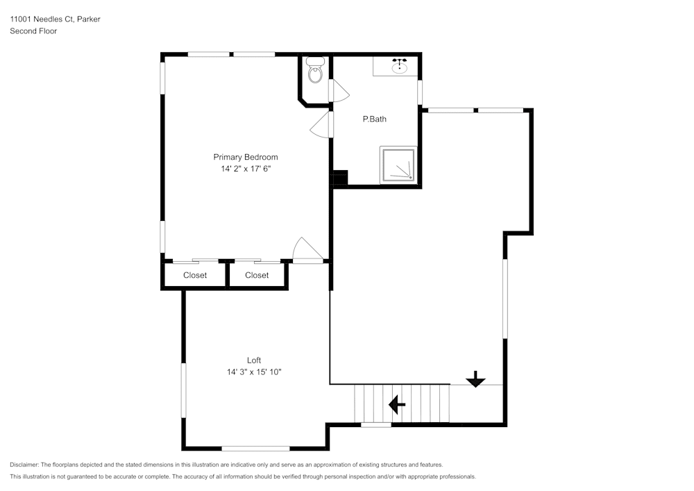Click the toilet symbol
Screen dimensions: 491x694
coord(315,70)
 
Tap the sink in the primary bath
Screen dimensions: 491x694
coord(399,67)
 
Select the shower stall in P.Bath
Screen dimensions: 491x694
coord(398,165)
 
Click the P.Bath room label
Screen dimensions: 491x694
coord(375,119)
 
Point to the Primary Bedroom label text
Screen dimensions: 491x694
coord(246,157)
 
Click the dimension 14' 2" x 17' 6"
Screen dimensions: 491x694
coord(246,169)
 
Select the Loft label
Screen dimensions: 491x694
coord(254,360)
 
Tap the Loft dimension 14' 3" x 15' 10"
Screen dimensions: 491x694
coord(254,372)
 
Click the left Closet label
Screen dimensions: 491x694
coord(195,275)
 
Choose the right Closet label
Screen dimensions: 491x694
coord(257,275)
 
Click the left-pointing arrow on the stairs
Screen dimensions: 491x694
coord(397,403)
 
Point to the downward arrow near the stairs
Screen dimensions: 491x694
coord(475,379)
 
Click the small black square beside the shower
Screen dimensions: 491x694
coord(339,179)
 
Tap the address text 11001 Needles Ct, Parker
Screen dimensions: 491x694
coord(55,19)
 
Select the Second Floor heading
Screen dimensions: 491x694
coord(33,31)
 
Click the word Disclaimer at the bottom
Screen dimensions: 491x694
coord(24,465)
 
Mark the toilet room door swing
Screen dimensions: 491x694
coord(339,91)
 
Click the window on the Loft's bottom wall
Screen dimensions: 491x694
coord(255,449)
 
